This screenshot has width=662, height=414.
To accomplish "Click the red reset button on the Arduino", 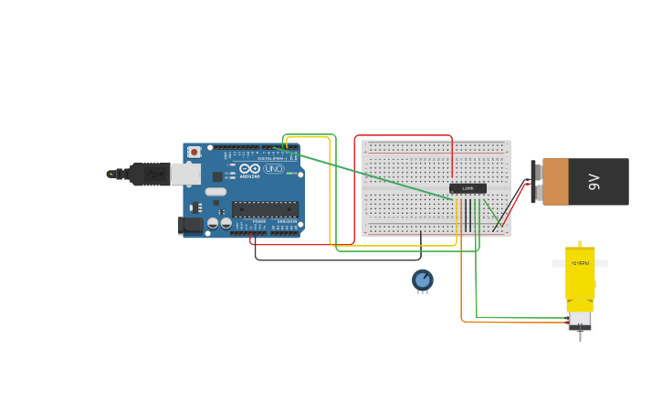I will (x=194, y=152).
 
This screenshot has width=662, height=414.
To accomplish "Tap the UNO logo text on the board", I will (x=274, y=169).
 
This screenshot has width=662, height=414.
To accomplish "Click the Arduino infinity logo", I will (x=249, y=169).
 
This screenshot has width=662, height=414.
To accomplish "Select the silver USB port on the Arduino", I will (x=185, y=174).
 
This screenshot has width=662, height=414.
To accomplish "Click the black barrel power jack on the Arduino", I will (x=191, y=225).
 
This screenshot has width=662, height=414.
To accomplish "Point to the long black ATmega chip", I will (x=265, y=208).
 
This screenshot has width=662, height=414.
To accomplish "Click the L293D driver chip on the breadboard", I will (x=468, y=188).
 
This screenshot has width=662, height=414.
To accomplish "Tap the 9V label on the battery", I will (x=594, y=181).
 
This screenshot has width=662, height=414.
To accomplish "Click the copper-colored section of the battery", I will (x=555, y=181).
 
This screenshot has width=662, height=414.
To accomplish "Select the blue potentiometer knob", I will (x=422, y=279).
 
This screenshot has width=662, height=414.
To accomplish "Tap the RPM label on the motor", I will (x=580, y=263).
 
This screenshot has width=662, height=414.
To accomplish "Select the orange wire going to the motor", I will (x=462, y=292).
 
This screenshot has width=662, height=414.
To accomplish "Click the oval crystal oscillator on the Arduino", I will (x=215, y=192).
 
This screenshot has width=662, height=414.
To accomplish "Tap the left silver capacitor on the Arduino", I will (x=213, y=223).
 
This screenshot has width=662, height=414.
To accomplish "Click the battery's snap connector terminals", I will (x=533, y=181).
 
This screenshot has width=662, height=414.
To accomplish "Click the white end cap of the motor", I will (x=579, y=321).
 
